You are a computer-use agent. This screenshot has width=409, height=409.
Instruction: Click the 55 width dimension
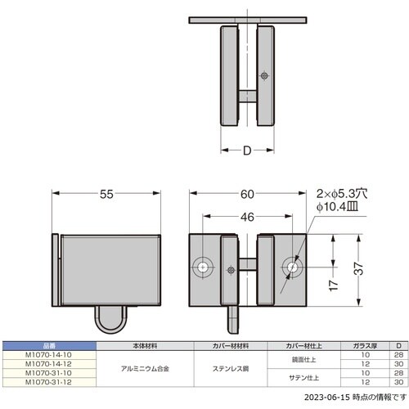click(x=107, y=196)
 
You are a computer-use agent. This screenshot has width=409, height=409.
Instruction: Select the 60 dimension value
click(x=248, y=196)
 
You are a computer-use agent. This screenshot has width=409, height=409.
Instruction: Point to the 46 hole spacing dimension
click(x=248, y=218)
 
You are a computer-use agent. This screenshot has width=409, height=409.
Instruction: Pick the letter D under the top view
click(x=248, y=151)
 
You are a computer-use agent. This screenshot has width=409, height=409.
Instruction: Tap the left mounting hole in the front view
click(x=203, y=267)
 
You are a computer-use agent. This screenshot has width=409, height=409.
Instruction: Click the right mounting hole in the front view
click(x=292, y=267)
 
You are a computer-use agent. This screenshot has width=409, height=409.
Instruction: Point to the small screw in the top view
click(x=263, y=75)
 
